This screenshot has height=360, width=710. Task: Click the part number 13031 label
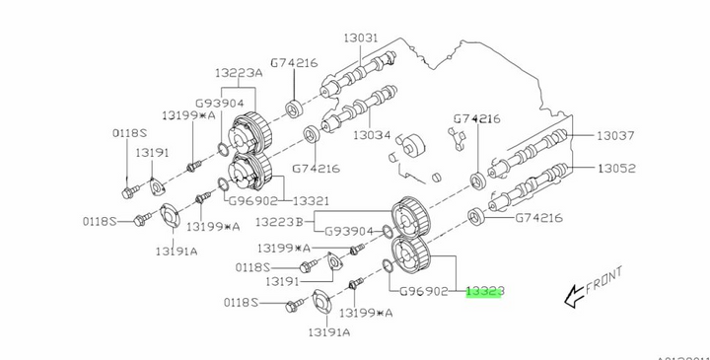(361, 38)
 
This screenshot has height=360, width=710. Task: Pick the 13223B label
(282, 223)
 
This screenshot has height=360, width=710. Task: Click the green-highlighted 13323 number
(485, 292)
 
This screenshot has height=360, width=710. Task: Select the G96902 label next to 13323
(424, 292)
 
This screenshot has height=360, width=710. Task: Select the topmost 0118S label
(128, 133)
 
